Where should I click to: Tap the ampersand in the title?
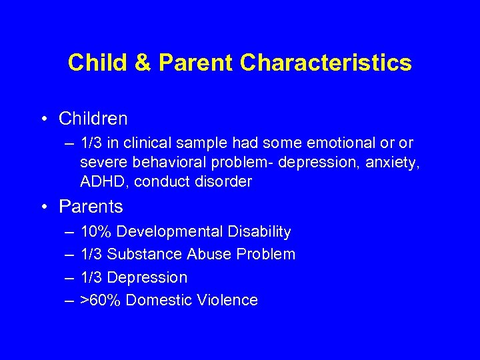(144, 63)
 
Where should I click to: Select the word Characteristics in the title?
(326, 63)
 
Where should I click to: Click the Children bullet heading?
(93, 119)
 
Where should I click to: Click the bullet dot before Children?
(43, 119)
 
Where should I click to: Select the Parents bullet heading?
(91, 207)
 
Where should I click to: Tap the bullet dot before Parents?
(43, 207)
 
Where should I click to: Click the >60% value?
(101, 300)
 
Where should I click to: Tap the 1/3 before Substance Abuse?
(91, 255)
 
